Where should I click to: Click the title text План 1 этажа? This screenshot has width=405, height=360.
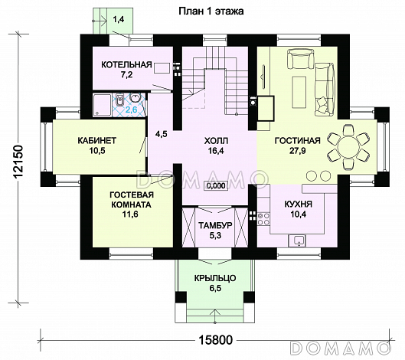pos(211,11)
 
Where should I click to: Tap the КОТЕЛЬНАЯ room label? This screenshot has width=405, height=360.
pos(126,64)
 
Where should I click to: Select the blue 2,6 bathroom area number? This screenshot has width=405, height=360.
pos(132,110)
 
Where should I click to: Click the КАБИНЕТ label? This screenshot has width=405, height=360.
pos(97,141)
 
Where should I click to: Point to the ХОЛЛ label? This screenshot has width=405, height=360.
pos(216,141)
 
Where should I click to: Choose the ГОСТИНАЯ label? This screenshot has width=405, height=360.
pos(297,141)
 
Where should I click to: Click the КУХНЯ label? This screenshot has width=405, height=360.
pos(299,205)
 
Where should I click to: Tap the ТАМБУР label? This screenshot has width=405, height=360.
pos(215,225)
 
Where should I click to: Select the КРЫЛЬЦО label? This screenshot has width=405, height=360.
pos(215,278)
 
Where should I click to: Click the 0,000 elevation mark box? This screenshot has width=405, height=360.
pos(216,185)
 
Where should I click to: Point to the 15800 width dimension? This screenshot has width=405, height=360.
pos(216,340)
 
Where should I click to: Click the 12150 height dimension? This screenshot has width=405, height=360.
pos(18,162)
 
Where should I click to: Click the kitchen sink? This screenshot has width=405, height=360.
pos(297,241)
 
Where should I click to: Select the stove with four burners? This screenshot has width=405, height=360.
pos(263,218)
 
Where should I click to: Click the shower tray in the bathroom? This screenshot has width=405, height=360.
pos(103,105)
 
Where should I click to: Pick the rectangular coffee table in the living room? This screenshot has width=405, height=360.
pos(299,92)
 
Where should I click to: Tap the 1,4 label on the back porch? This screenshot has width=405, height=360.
pos(119,20)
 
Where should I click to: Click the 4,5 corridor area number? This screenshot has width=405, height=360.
pos(162,134)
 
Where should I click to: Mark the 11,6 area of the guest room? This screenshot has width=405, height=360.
pos(131,214)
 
